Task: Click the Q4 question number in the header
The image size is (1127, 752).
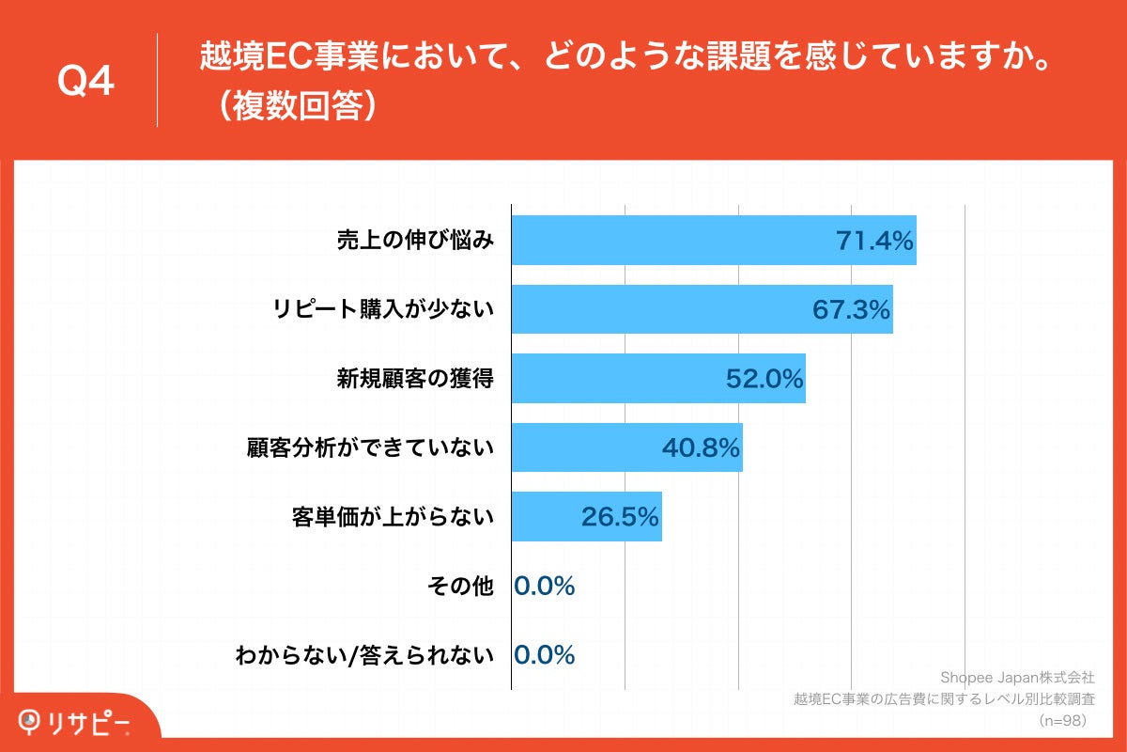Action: [85, 83]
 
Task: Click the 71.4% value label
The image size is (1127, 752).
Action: [874, 242]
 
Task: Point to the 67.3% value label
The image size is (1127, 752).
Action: [851, 310]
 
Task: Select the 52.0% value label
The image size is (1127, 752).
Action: [764, 379]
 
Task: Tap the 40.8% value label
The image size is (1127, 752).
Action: [701, 448]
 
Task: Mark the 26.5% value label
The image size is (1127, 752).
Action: [620, 517]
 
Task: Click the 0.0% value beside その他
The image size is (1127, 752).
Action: [545, 586]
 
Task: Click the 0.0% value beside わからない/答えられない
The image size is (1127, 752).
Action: [545, 655]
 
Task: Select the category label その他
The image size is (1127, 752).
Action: [459, 586]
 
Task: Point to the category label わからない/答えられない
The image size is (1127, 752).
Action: [364, 655]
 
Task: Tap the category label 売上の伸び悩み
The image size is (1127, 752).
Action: [415, 241]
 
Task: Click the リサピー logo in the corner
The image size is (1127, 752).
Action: [75, 722]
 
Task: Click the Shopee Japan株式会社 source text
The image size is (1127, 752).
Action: [1016, 677]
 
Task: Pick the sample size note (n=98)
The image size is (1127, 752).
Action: [1061, 720]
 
